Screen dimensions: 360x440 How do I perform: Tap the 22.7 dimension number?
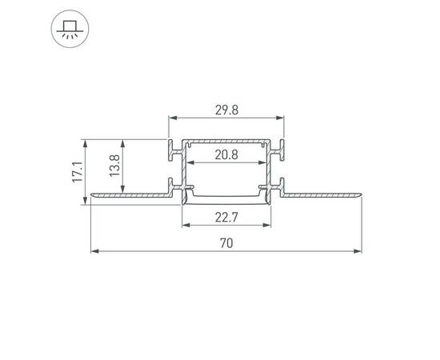226,215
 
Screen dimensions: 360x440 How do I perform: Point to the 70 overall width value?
226,245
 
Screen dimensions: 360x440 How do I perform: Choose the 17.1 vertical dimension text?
77,172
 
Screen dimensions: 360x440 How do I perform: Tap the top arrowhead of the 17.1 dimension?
85,142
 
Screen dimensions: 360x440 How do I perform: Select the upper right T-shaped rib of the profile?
281,148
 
